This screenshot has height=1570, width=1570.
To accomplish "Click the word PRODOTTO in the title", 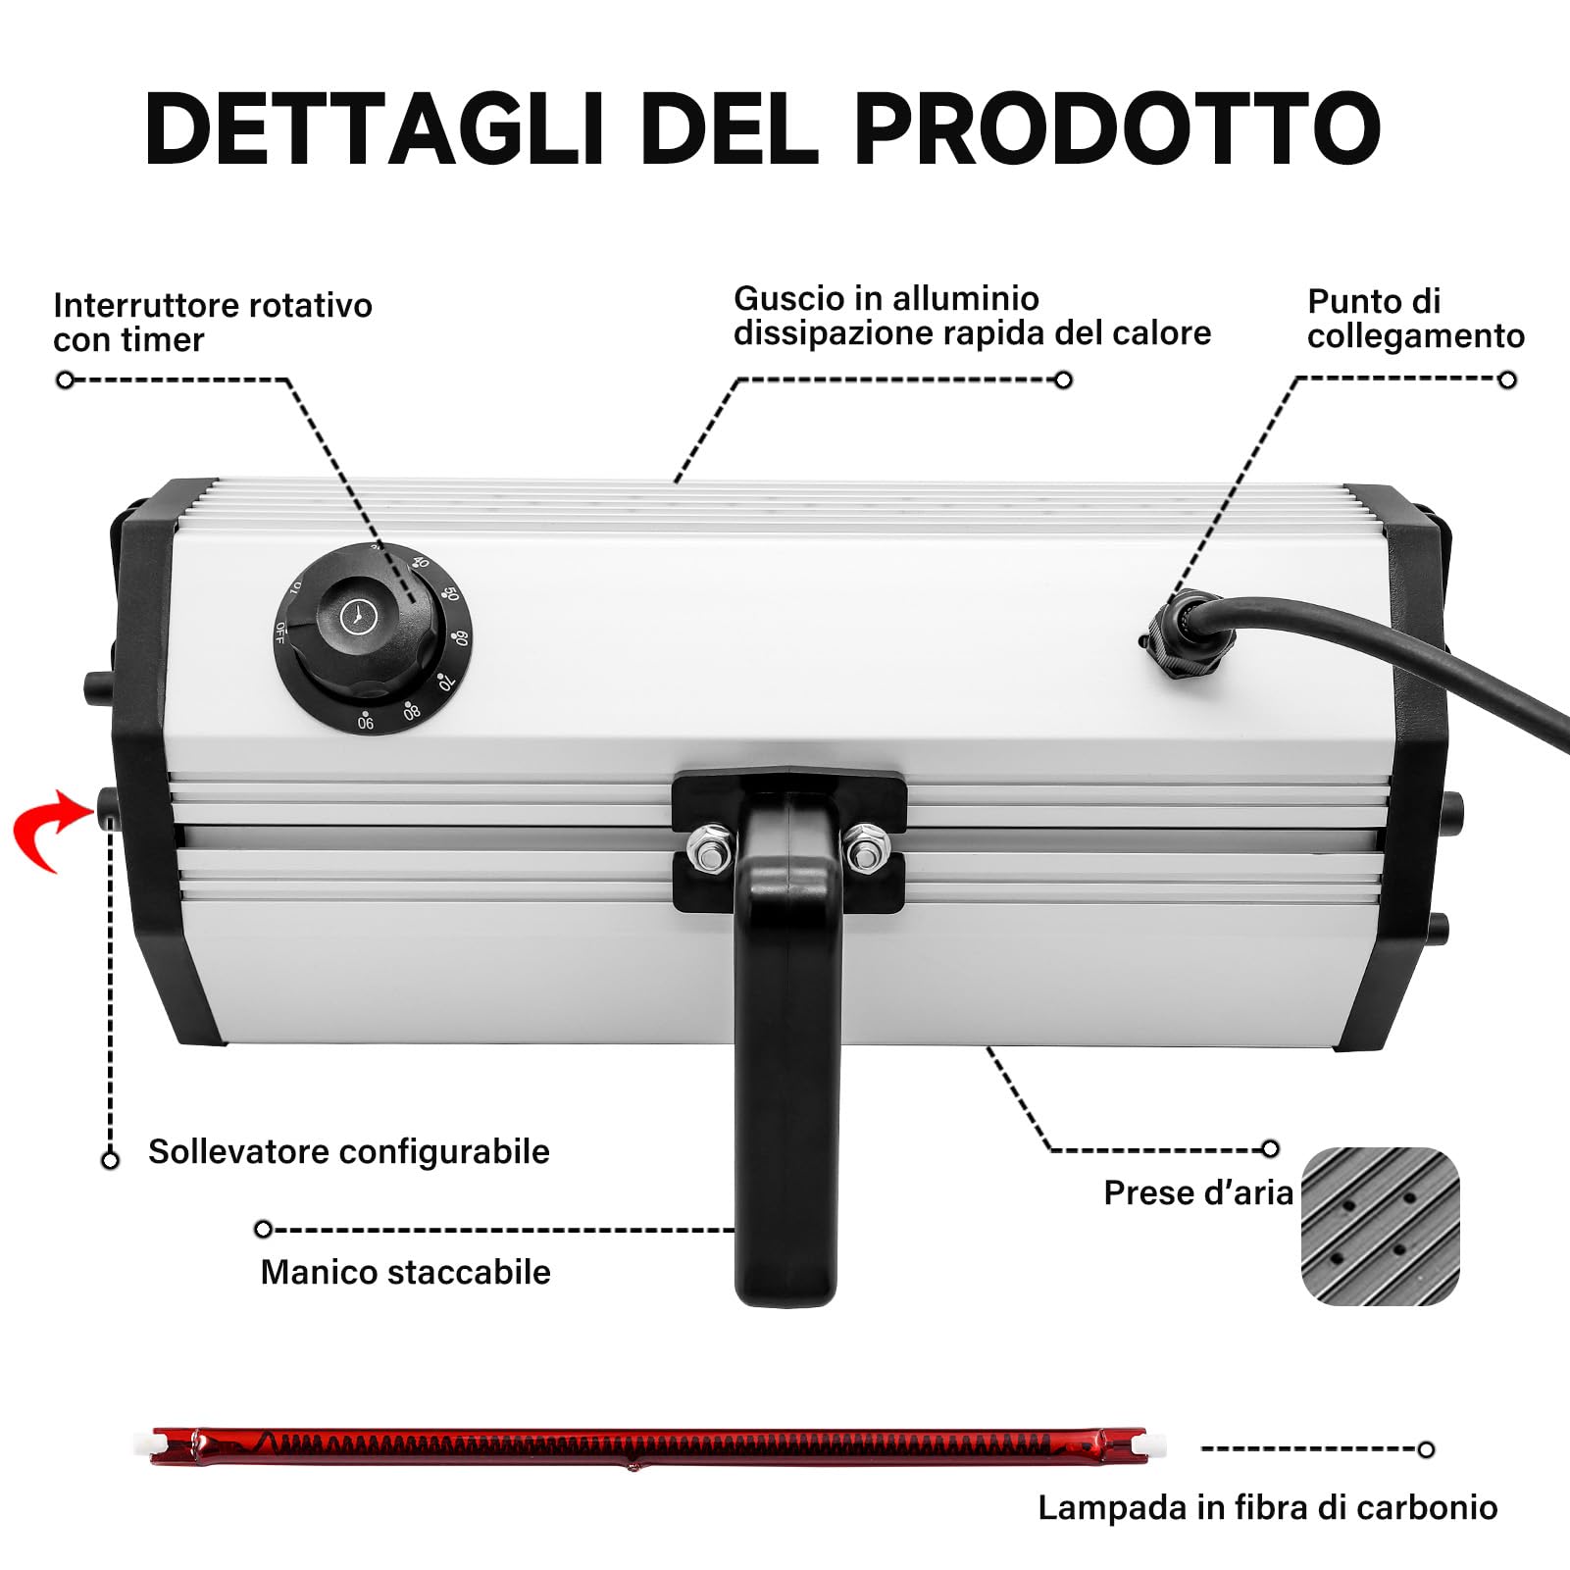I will tap(1117, 128).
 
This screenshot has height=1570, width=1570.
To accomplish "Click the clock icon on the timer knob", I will tap(358, 616).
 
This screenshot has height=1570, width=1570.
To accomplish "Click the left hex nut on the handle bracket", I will tap(710, 846).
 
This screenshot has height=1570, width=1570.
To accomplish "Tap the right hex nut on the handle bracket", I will tap(865, 848).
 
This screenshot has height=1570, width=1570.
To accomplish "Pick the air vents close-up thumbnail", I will tap(1380, 1226).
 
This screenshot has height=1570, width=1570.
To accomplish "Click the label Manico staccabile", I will tap(405, 1272).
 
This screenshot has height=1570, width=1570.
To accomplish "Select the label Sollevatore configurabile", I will tap(348, 1151).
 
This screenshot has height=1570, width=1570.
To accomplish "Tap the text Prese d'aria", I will tap(1197, 1192).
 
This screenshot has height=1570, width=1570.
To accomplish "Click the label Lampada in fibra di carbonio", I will tap(1267, 1507).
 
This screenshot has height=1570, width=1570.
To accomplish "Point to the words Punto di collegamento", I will tap(1415, 318).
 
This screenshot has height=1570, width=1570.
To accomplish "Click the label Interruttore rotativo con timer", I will tap(212, 322).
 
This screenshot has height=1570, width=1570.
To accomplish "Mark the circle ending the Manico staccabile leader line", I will tap(263, 1229).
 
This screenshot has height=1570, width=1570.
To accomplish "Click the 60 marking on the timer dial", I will tap(460, 638).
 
